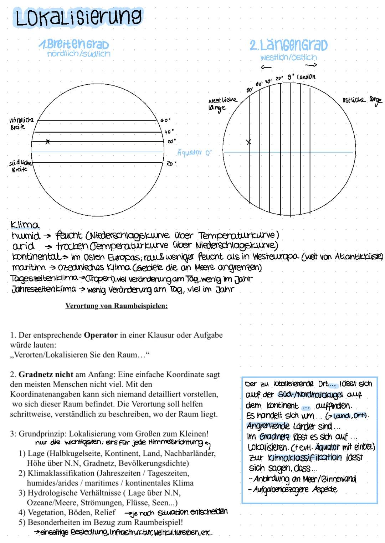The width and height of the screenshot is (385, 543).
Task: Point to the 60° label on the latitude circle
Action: click(165, 121)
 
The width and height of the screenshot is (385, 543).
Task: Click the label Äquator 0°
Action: click(194, 153)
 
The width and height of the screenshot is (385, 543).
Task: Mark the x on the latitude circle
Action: click(47, 142)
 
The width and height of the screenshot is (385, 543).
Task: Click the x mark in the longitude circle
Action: click(249, 142)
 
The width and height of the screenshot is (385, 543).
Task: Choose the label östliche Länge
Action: click(361, 100)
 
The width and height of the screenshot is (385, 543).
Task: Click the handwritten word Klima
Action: click(25, 225)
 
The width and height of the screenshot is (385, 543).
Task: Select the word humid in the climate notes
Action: click(26, 236)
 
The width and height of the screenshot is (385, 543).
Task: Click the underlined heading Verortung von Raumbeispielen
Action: click(116, 306)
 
